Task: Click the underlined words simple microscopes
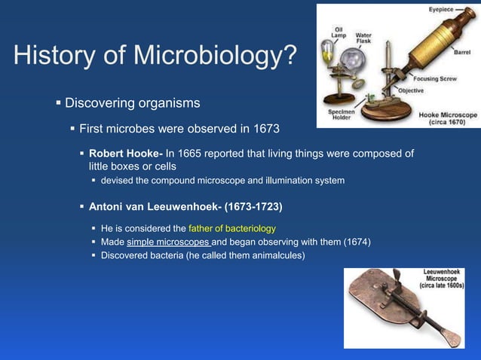169,242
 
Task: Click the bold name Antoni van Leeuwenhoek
151,205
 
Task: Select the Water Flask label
363,38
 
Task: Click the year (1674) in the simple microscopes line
357,242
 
